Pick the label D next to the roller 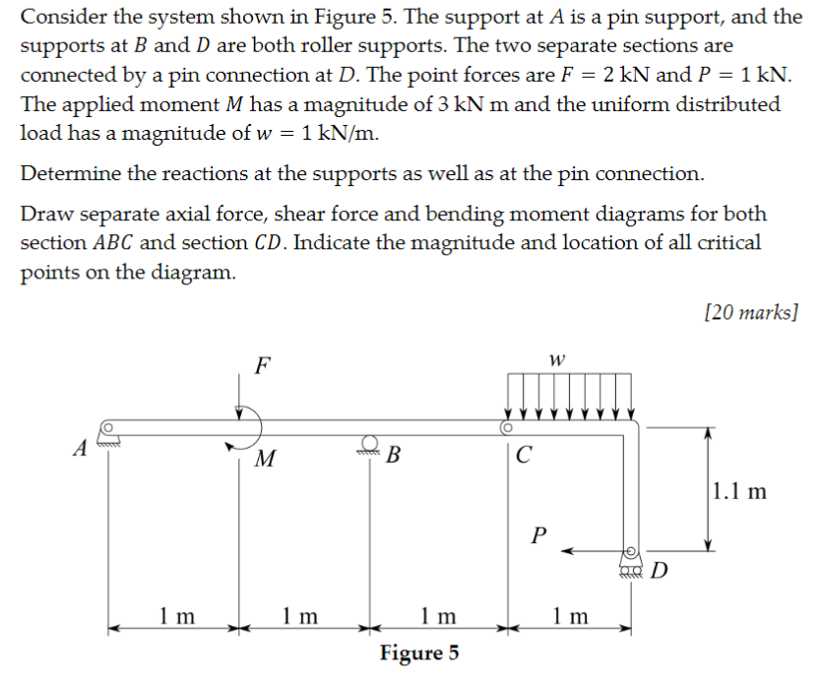[x=660, y=571]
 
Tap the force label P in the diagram [x=537, y=535]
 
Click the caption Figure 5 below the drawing [x=419, y=653]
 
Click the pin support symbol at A [x=110, y=433]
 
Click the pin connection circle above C [x=507, y=428]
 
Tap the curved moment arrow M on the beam [x=251, y=431]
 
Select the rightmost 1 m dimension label [x=570, y=617]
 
